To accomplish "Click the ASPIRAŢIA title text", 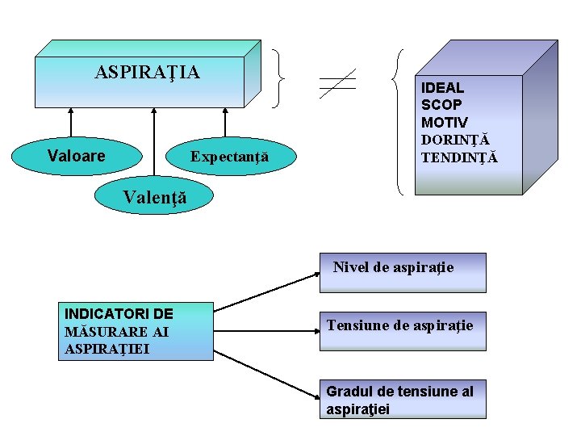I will click(147, 73).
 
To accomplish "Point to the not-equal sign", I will click(336, 82).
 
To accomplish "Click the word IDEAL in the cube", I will click(442, 87).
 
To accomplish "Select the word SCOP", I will click(441, 104).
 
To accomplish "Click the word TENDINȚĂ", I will click(459, 157).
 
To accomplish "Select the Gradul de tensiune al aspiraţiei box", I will click(402, 400).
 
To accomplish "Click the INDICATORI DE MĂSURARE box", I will click(136, 331).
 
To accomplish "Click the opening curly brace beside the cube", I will click(398, 121).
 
